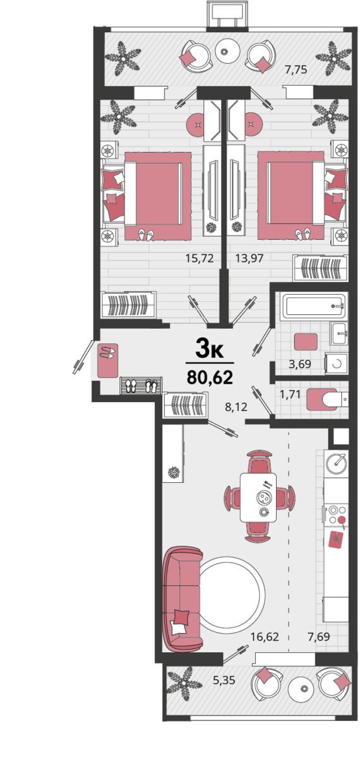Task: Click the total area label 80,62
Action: tap(210, 378)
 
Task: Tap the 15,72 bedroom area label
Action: tap(200, 258)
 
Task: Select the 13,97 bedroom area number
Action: tap(249, 258)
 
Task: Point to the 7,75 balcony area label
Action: tap(296, 69)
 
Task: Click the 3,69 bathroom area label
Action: tap(300, 364)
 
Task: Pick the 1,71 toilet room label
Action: tap(290, 395)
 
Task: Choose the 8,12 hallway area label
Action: tap(236, 407)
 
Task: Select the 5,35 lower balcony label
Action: tap(224, 680)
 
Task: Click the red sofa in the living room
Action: tap(183, 599)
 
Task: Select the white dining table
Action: tap(258, 497)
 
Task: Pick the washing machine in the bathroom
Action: tap(337, 364)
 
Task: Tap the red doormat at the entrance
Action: tap(107, 360)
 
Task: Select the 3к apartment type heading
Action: tap(209, 349)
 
